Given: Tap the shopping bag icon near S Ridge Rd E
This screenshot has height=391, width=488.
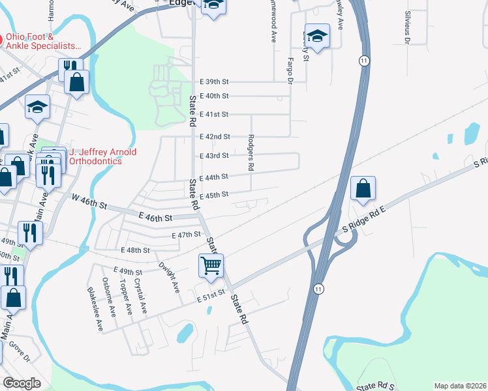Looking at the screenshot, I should [x=363, y=189].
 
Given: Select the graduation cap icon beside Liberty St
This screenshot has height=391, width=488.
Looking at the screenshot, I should [x=317, y=36].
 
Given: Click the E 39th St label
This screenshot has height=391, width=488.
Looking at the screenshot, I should [x=215, y=82].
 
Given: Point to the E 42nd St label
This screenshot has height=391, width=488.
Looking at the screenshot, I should [x=215, y=137].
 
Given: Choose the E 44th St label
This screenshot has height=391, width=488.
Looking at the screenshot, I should [x=213, y=177].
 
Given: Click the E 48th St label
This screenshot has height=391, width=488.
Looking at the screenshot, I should [x=135, y=250].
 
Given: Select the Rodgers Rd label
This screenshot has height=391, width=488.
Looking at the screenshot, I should [x=251, y=152].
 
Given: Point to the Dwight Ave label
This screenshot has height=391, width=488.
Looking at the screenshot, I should [x=169, y=278].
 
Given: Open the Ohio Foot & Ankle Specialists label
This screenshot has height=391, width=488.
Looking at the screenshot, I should [x=44, y=42].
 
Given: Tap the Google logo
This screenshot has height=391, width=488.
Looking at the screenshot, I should [x=22, y=383].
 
